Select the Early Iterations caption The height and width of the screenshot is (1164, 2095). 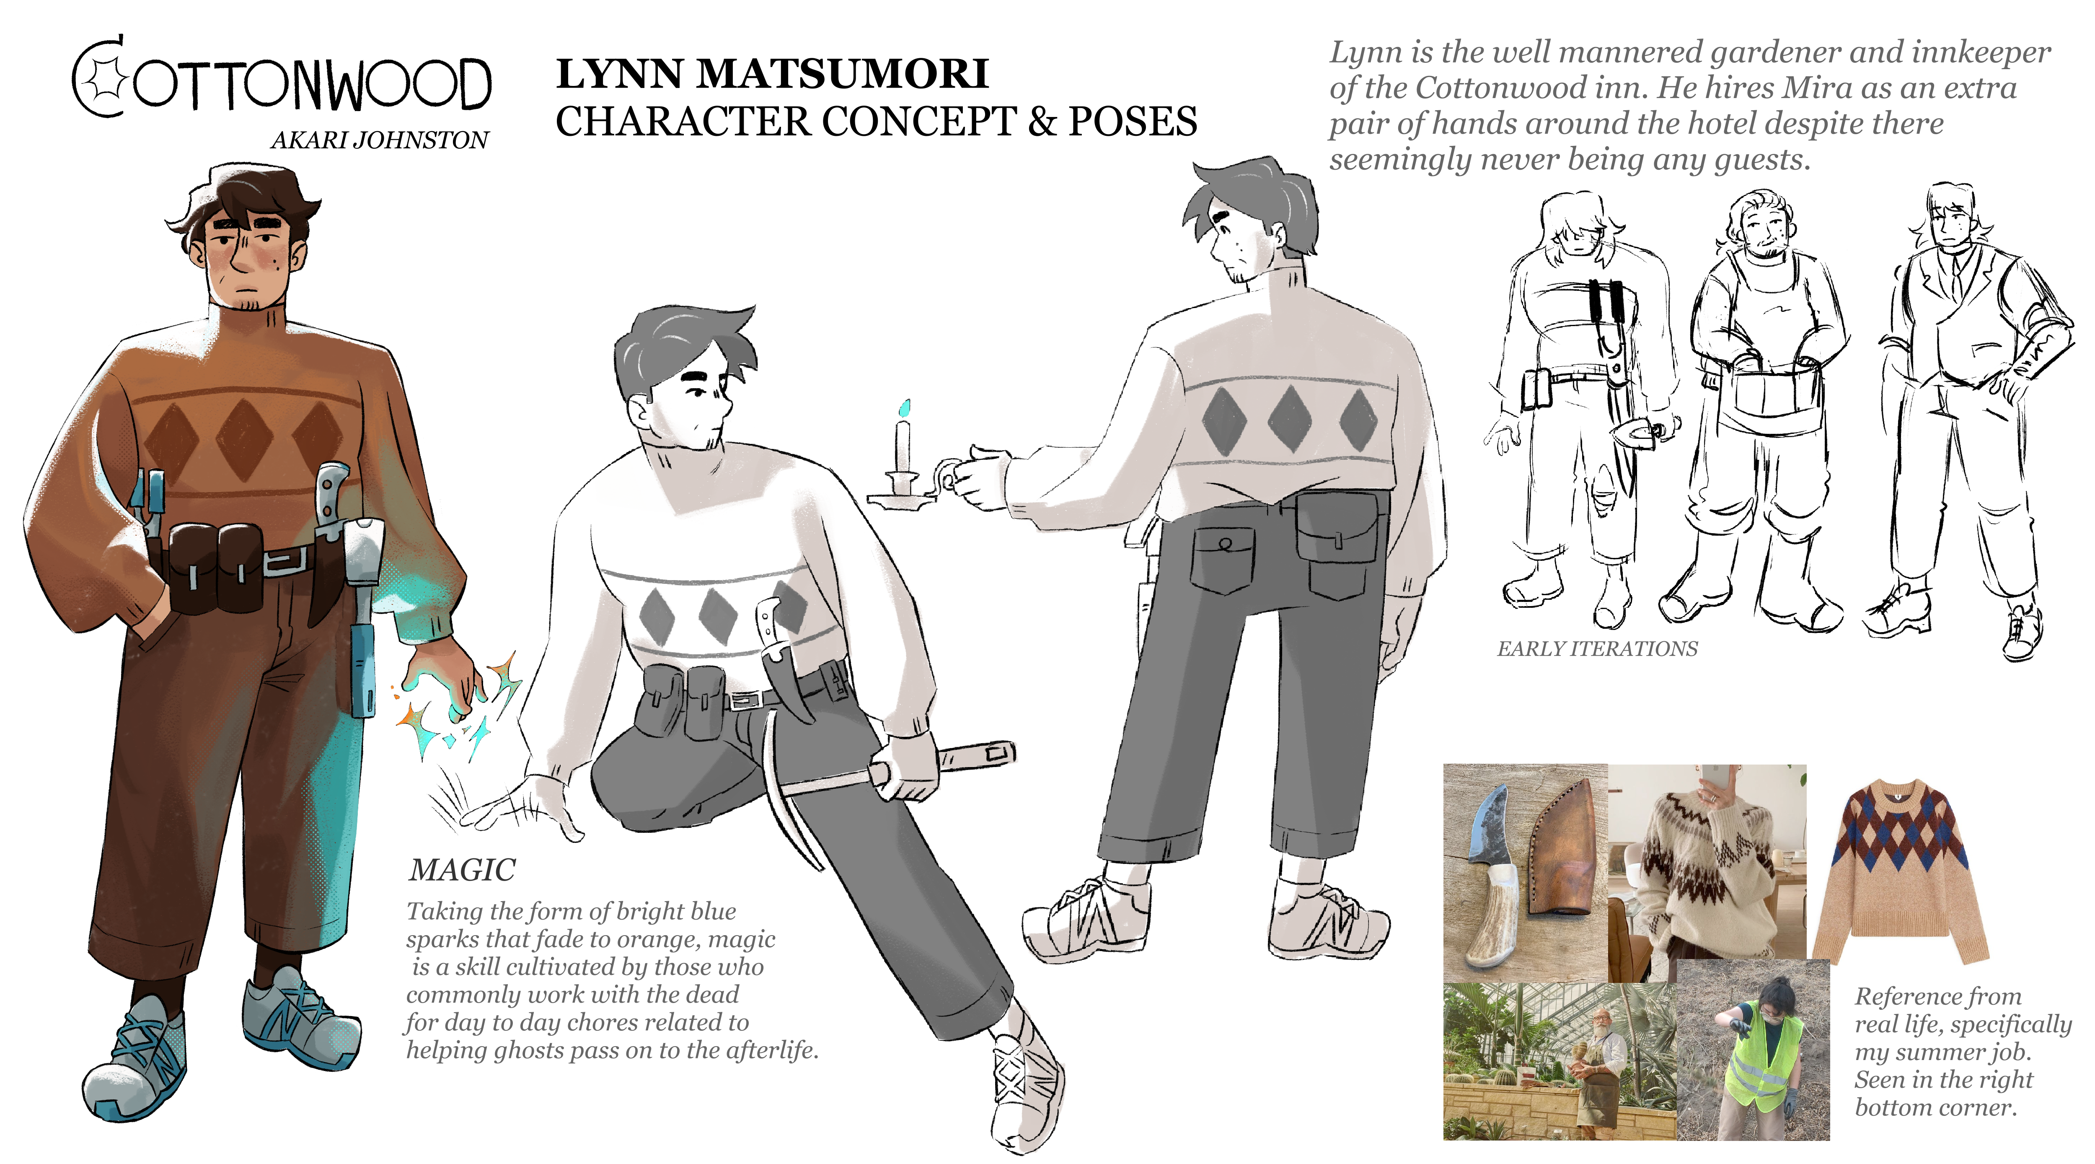tap(1597, 648)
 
